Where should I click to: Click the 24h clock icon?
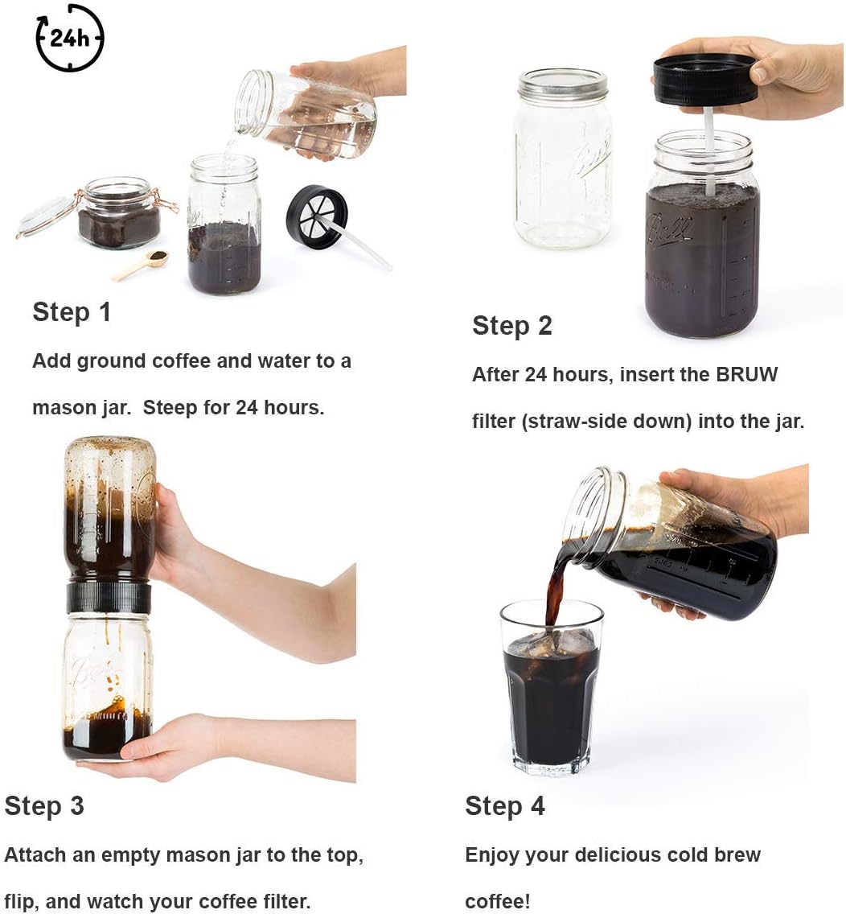click(x=69, y=38)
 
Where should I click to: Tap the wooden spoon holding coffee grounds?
click(x=141, y=265)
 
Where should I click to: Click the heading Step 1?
click(x=71, y=312)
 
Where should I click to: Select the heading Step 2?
click(x=511, y=326)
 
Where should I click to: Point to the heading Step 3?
click(x=44, y=806)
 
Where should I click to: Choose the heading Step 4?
click(x=504, y=806)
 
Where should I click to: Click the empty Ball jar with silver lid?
click(x=562, y=159)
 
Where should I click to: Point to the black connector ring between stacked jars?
click(x=109, y=598)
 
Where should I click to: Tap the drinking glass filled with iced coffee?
click(x=551, y=687)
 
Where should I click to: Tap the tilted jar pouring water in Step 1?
click(x=306, y=114)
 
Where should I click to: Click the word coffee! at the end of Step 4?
click(x=498, y=901)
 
